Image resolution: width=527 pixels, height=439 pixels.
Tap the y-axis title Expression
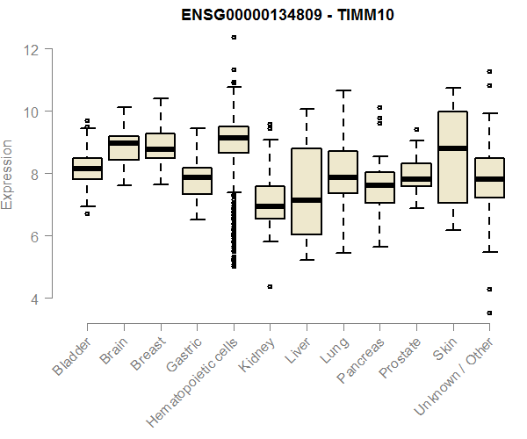click(x=8, y=175)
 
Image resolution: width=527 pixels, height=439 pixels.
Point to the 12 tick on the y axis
click(x=32, y=49)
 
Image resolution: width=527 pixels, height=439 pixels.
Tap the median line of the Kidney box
click(x=270, y=206)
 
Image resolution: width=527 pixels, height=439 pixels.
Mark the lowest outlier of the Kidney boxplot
click(x=270, y=286)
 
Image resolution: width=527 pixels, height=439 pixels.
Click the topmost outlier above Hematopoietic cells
click(x=233, y=37)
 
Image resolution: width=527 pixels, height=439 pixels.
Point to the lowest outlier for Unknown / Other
click(x=488, y=313)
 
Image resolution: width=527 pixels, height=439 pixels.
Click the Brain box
click(x=124, y=148)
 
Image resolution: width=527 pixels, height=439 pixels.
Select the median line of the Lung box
click(x=343, y=176)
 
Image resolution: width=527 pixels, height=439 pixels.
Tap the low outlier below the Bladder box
click(x=87, y=213)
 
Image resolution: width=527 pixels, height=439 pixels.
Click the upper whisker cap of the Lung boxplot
click(x=343, y=90)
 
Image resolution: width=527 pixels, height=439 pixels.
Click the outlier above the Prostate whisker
click(x=415, y=129)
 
